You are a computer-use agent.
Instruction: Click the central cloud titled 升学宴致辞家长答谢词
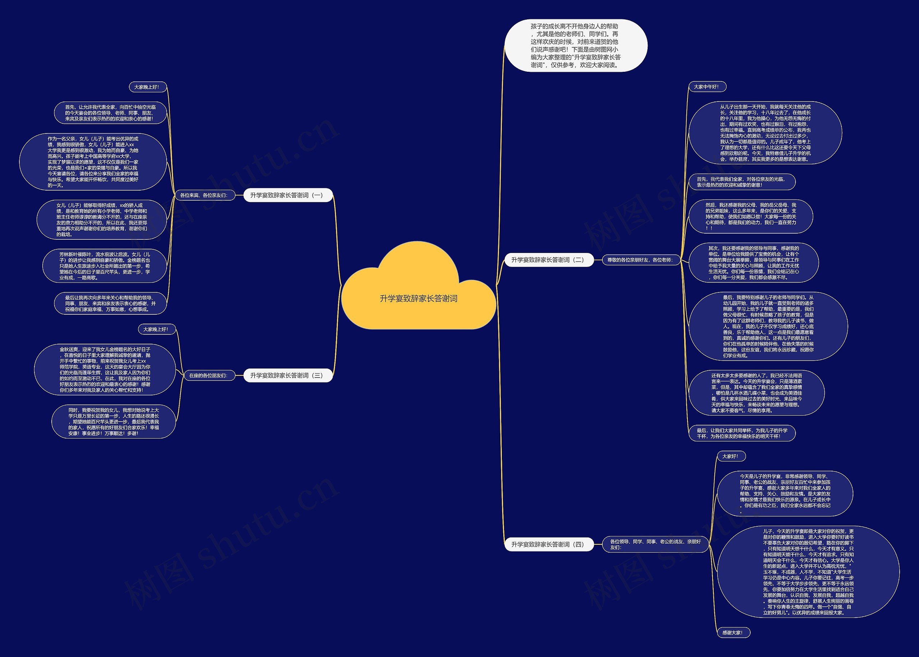(419, 299)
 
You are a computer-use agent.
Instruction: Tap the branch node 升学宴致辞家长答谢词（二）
(548, 260)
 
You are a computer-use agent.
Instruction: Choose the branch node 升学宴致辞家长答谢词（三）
(287, 375)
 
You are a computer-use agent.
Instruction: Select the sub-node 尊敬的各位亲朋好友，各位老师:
(640, 260)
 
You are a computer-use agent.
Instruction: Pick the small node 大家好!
(731, 456)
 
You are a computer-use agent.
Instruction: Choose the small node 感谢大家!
(732, 633)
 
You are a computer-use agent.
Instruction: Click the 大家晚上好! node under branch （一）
(147, 87)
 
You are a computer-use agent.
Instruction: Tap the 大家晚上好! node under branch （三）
(156, 329)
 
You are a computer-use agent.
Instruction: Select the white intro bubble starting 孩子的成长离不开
(575, 45)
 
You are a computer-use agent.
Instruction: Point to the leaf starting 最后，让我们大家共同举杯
(742, 433)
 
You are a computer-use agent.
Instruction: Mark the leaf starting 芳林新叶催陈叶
(104, 266)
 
